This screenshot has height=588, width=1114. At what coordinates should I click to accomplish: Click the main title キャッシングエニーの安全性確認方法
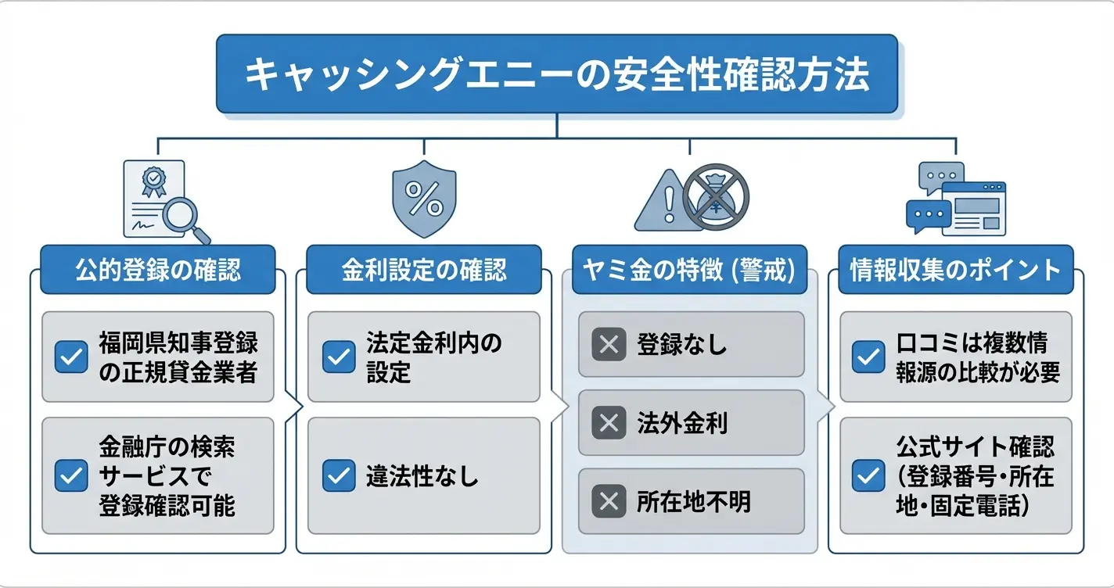556,75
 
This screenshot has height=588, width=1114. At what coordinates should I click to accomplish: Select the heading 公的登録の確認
158,270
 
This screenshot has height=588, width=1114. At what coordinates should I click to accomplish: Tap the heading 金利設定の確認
423,270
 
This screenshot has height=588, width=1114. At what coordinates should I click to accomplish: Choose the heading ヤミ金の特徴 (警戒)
688,270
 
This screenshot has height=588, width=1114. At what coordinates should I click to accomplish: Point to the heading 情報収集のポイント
955,270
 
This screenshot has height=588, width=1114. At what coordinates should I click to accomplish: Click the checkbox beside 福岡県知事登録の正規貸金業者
71,357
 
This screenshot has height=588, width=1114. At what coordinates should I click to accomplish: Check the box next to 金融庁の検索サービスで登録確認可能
71,475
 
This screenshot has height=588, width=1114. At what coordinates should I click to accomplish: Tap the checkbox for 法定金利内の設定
339,357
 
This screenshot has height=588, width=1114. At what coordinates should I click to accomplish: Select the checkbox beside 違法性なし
339,475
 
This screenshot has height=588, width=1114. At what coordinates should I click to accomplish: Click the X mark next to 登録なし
608,344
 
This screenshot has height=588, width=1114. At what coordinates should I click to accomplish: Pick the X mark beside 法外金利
608,423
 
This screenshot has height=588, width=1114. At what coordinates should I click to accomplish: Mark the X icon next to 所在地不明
608,501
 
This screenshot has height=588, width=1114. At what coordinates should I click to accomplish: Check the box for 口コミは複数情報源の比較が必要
868,357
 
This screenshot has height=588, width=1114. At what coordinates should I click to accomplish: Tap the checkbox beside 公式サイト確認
868,475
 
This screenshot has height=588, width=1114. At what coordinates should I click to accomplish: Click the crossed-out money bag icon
716,196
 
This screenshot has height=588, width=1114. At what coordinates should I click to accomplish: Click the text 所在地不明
693,501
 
